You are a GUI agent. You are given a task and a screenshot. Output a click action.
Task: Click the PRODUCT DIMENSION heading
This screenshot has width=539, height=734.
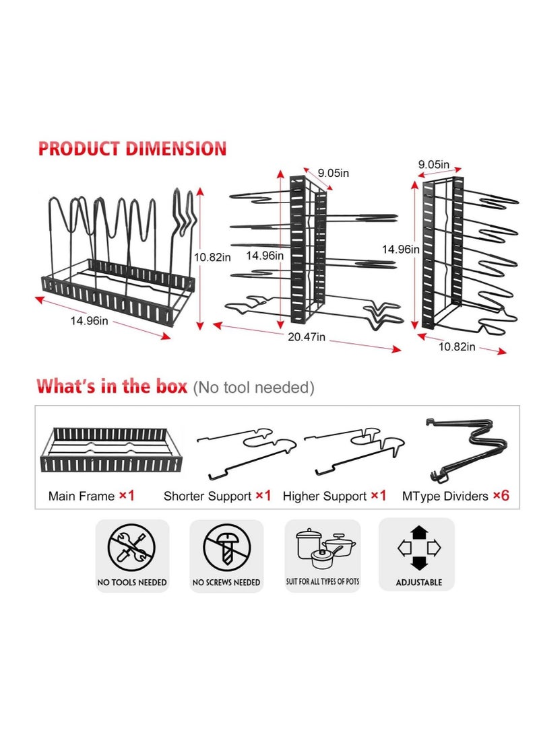pyautogui.click(x=132, y=149)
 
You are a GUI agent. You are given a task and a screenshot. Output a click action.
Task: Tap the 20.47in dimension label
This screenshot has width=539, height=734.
pyautogui.click(x=307, y=337)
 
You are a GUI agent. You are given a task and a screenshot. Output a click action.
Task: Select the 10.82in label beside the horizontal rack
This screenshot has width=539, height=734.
pyautogui.click(x=212, y=258)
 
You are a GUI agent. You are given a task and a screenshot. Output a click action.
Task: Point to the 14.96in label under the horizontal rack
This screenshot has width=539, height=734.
pyautogui.click(x=89, y=321)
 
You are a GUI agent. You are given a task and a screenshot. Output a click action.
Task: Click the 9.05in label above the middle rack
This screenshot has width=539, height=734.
pyautogui.click(x=334, y=173)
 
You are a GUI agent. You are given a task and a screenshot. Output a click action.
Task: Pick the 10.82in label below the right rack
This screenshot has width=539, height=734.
pyautogui.click(x=457, y=347)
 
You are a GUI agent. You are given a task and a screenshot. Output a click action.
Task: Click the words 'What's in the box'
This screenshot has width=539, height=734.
pyautogui.click(x=112, y=386)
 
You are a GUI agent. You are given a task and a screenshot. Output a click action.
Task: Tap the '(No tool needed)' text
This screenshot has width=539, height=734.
pyautogui.click(x=253, y=388)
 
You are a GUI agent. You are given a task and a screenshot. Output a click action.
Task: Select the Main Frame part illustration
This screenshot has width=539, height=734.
pyautogui.click(x=112, y=449)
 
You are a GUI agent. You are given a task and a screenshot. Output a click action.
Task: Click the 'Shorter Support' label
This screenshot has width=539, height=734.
pyautogui.click(x=207, y=497)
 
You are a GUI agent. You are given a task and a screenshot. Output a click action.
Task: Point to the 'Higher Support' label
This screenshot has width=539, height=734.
pyautogui.click(x=324, y=497)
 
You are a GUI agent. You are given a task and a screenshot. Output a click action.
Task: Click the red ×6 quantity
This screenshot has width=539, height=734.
pyautogui.click(x=501, y=496)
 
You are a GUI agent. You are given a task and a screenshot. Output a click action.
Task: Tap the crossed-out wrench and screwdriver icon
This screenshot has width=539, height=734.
pyautogui.click(x=131, y=547)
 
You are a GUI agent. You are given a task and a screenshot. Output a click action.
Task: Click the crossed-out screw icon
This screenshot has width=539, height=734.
pyautogui.click(x=227, y=547)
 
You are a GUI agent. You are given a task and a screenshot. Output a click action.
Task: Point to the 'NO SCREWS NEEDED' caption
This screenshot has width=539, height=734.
pyautogui.click(x=226, y=583)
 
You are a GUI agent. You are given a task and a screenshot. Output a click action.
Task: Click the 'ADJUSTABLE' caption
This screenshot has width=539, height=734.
pyautogui.click(x=419, y=583)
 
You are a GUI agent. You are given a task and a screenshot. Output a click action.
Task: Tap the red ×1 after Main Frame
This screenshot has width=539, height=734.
pyautogui.click(x=127, y=496)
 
